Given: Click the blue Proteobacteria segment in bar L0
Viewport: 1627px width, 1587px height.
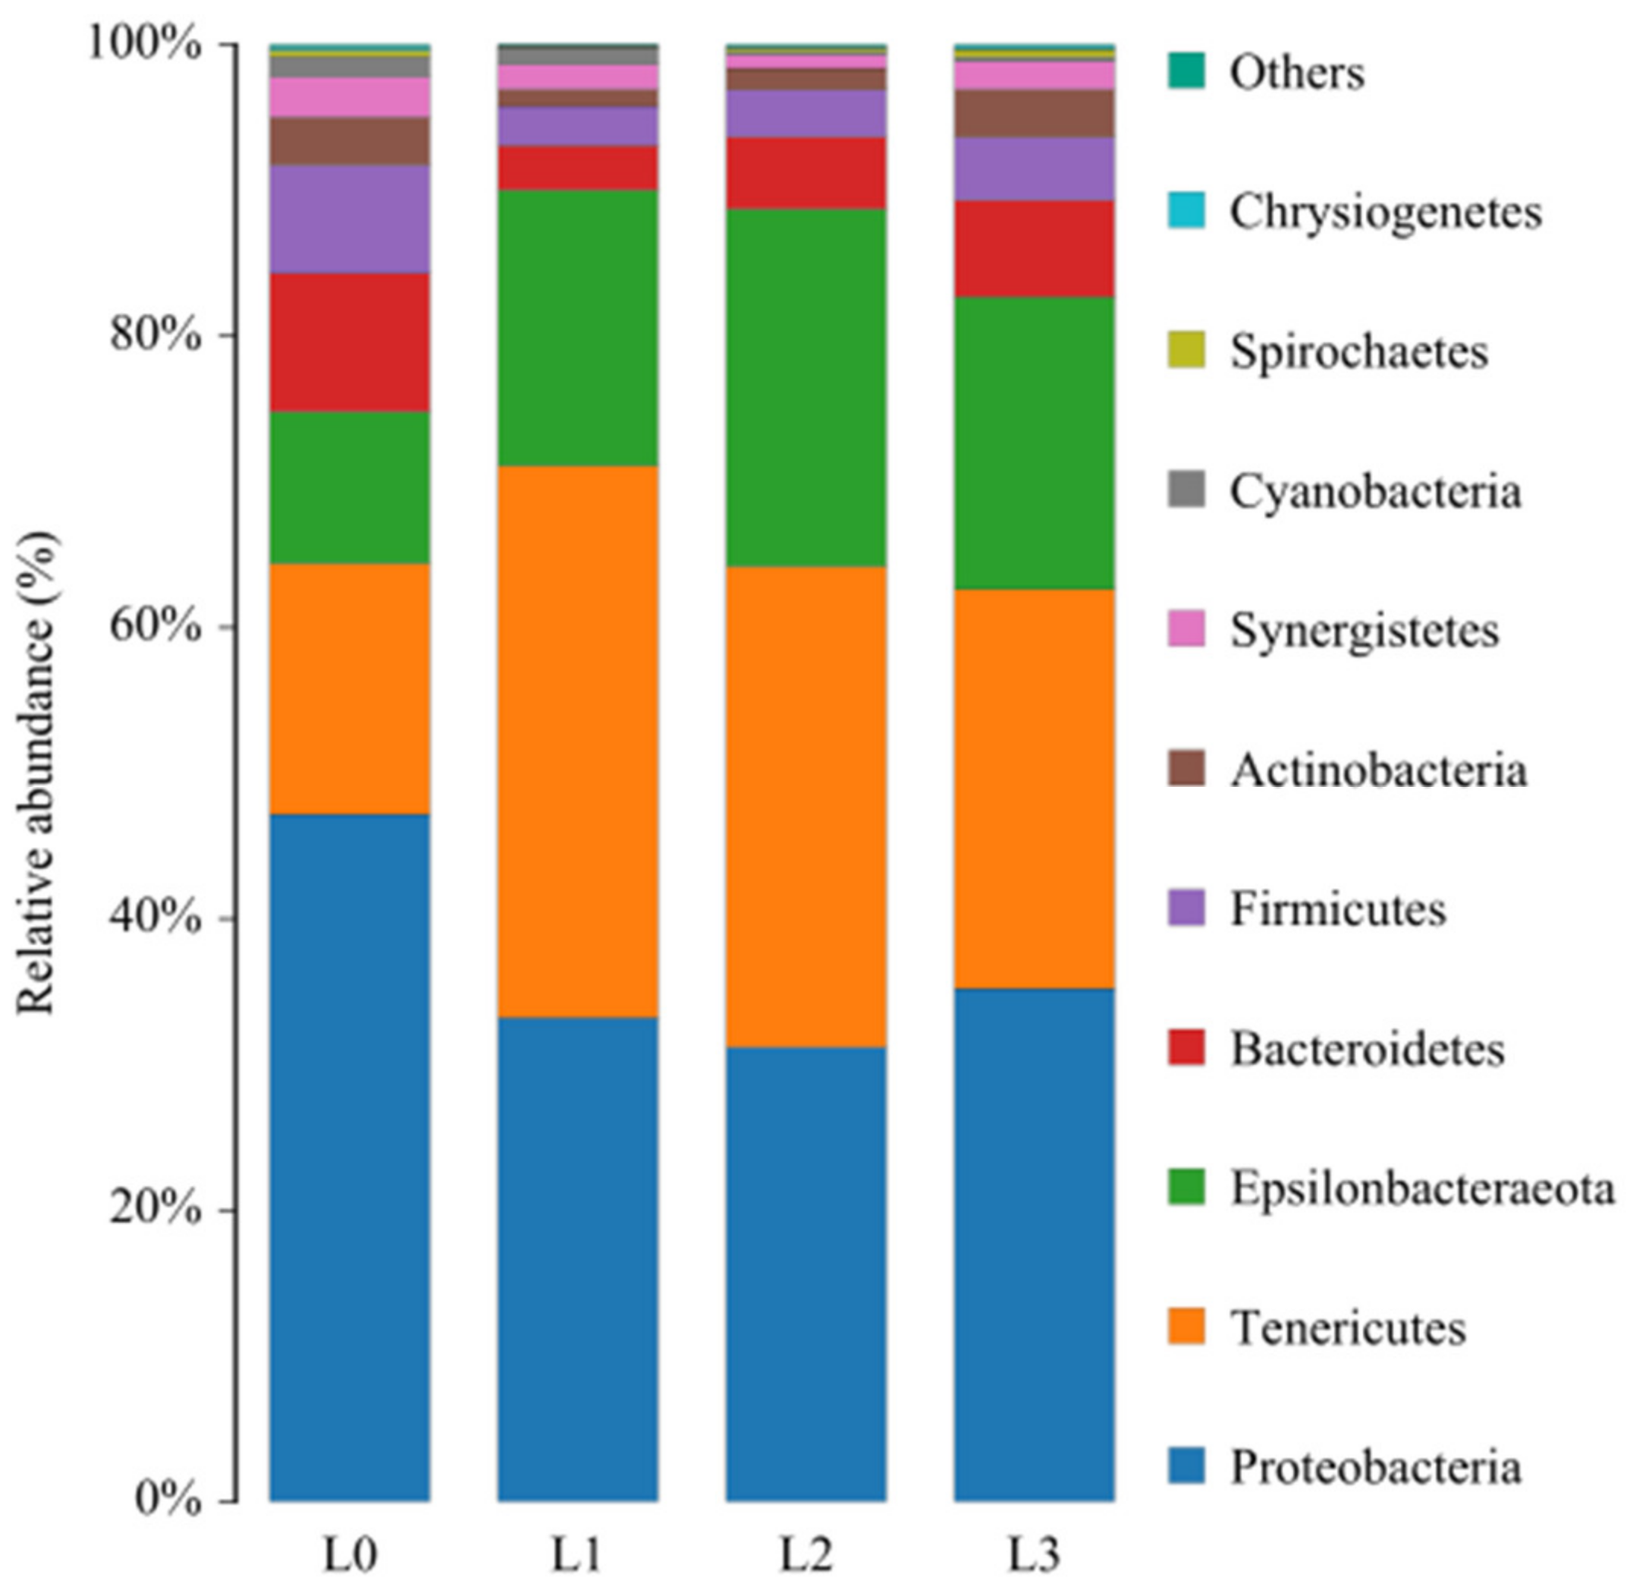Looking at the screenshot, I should (x=349, y=1154).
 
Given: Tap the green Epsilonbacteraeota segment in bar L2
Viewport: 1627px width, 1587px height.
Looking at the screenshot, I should (x=806, y=387).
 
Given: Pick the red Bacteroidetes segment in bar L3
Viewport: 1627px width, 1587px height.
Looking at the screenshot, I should (x=1034, y=248).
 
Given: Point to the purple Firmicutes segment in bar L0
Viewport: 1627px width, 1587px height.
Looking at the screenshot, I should (x=349, y=219).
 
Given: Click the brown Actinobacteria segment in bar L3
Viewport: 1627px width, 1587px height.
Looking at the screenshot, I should (x=1034, y=113).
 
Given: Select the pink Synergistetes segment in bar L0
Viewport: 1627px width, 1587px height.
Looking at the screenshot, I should (x=349, y=96).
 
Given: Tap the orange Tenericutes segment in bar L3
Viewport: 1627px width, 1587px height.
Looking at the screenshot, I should (x=1034, y=788).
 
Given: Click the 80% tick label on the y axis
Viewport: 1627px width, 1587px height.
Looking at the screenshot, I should (x=155, y=335).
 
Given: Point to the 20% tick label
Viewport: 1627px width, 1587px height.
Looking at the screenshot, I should (x=155, y=1211).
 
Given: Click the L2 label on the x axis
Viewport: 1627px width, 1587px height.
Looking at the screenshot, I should (x=806, y=1554).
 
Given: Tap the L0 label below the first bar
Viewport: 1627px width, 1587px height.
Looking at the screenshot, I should (x=349, y=1554).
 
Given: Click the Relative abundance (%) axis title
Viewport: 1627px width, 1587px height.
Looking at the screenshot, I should (x=37, y=773).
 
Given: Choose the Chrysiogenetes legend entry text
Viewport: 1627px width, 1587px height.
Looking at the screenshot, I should (x=1385, y=212).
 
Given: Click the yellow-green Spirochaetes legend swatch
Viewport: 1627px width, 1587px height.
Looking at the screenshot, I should (x=1186, y=350).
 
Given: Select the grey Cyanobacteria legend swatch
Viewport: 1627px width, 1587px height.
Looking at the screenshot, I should (x=1186, y=490).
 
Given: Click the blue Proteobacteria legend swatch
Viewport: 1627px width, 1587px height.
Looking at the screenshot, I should (x=1186, y=1466).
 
